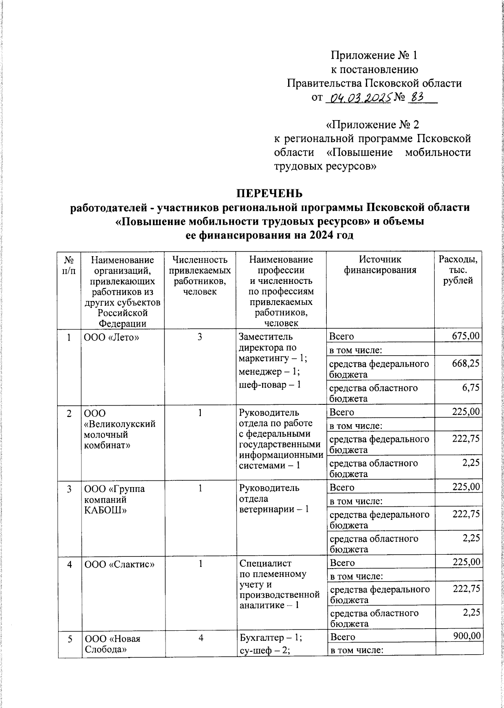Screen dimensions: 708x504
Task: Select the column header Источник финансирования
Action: pos(380,265)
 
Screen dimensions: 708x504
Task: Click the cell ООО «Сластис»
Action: pos(119,564)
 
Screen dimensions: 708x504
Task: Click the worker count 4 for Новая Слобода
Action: pos(201,637)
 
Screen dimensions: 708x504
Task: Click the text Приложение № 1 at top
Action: pos(374,55)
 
